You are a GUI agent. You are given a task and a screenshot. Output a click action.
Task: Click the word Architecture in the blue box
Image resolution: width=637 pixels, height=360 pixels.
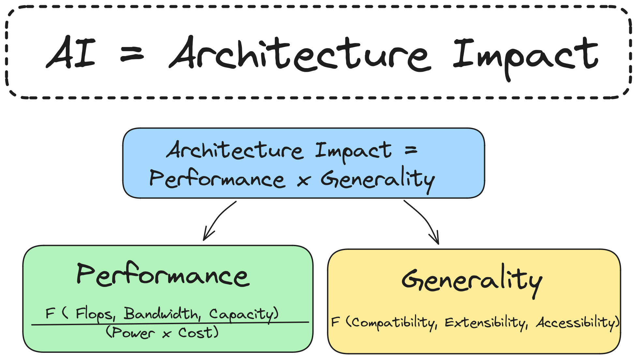point(235,151)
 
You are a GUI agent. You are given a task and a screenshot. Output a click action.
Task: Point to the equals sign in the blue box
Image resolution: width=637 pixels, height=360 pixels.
point(411,150)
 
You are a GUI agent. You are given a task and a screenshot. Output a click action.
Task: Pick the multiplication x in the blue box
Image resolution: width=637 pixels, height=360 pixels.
point(303,180)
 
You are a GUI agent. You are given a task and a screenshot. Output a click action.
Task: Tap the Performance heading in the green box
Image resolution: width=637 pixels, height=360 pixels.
point(163,276)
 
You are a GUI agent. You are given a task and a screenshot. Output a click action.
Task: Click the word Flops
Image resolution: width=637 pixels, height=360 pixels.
point(95,314)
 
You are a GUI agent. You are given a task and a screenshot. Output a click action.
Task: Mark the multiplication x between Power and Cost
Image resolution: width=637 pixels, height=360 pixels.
point(166,334)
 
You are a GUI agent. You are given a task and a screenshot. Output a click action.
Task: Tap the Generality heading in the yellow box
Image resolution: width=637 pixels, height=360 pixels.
point(472,280)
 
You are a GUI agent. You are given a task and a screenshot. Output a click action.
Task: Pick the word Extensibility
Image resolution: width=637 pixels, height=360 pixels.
point(486,323)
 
